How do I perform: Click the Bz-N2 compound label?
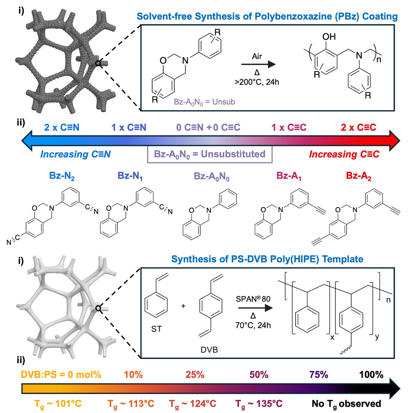[x=62, y=176]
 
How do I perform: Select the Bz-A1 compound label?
[x=289, y=176]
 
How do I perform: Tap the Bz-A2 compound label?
[x=358, y=176]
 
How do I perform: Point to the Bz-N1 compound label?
[x=130, y=176]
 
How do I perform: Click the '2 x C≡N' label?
[x=62, y=127]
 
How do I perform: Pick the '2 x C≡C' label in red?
[x=358, y=127]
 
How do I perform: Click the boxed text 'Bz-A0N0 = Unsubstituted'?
[x=210, y=154]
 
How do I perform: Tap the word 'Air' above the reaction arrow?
[x=257, y=56]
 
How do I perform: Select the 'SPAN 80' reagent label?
[x=253, y=299]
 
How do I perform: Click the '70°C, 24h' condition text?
[x=253, y=325]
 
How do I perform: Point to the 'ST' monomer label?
[x=156, y=329]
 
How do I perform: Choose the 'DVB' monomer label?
[x=209, y=350]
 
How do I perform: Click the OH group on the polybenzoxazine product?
[x=329, y=37]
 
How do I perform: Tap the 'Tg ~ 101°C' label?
[x=58, y=404]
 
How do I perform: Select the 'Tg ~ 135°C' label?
[x=259, y=404]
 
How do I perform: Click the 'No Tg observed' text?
[x=346, y=404]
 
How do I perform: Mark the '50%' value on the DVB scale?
[x=259, y=375]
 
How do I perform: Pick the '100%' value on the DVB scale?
[x=371, y=375]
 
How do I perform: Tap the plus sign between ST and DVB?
[x=183, y=306]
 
